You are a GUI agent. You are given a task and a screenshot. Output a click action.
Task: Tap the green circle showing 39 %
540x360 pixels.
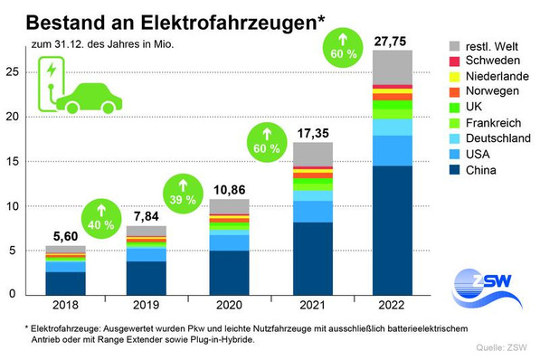tap(179, 191)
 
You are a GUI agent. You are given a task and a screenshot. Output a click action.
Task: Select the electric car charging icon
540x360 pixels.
tap(75, 88)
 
